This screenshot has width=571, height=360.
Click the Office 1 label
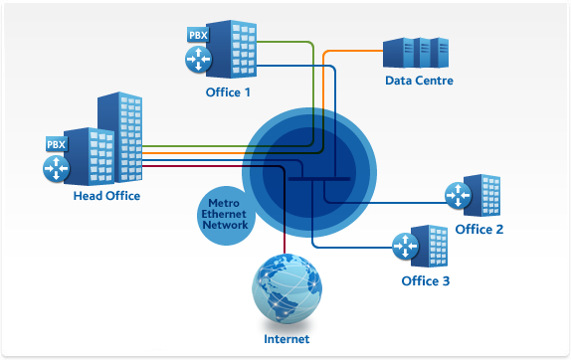[x=226, y=92]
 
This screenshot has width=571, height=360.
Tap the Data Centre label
[x=419, y=81]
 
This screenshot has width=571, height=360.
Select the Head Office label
[x=106, y=196]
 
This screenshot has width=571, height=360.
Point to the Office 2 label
[x=479, y=230]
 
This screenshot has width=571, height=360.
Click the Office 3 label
[x=425, y=281]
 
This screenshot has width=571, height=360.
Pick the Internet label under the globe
[x=286, y=339]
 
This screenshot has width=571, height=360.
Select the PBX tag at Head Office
[x=55, y=144]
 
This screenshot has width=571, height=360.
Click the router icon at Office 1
[x=197, y=59]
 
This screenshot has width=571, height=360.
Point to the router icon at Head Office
[x=55, y=169]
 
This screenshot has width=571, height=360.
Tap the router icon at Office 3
[x=404, y=245]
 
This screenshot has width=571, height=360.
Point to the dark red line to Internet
[x=285, y=219]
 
